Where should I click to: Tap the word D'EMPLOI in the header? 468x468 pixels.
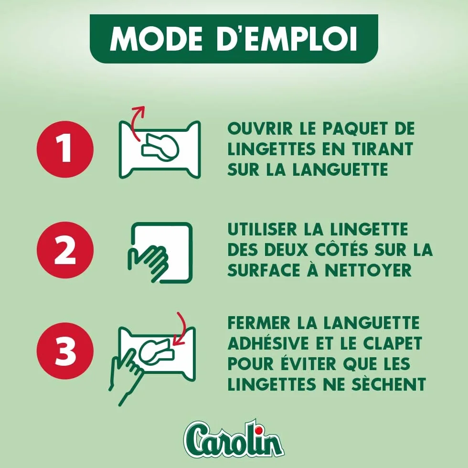[287, 39]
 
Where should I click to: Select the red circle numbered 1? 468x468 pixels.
[65, 149]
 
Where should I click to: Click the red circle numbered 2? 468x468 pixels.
[65, 250]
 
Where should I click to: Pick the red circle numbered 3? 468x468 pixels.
[65, 351]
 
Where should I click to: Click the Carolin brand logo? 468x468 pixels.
[234, 438]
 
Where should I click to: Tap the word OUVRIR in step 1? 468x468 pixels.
[260, 128]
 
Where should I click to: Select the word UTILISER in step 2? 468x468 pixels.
[263, 230]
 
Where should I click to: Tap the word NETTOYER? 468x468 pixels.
[368, 271]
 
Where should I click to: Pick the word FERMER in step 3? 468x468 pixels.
[259, 323]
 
